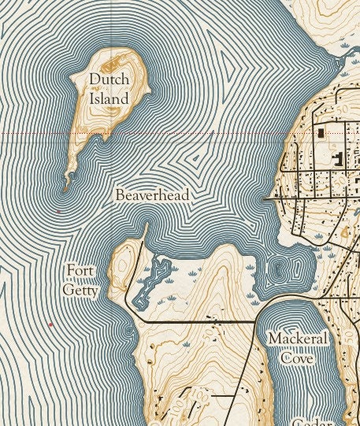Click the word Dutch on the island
(109, 80)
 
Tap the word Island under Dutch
(108, 100)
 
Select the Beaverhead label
(152, 194)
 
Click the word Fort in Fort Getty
(80, 272)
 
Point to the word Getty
(81, 291)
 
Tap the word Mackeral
(297, 339)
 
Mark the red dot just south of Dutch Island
(58, 211)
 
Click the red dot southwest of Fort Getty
(50, 324)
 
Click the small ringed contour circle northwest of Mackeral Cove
(278, 270)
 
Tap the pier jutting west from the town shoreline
(272, 200)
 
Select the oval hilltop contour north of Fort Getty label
(121, 256)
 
